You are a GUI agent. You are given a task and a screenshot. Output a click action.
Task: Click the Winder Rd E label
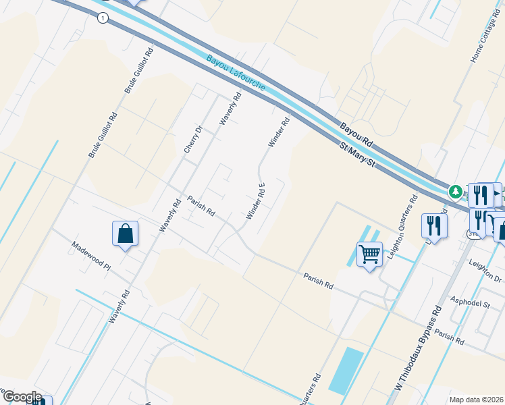coord(256,201)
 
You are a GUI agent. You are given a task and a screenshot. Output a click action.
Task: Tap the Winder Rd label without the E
coord(279,132)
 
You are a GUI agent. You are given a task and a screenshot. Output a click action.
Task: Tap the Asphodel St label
coord(470,304)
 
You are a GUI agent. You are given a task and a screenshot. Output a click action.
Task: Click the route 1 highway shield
coord(102,19)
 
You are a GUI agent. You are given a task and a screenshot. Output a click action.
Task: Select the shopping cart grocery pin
coord(369,254)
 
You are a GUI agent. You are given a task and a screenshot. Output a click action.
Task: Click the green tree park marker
coord(456,192)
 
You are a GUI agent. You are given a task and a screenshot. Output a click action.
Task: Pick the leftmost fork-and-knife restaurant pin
coord(433,225)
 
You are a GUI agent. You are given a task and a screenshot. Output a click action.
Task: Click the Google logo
coord(22,397)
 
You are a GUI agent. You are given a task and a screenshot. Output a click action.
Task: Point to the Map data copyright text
coord(477,399)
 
